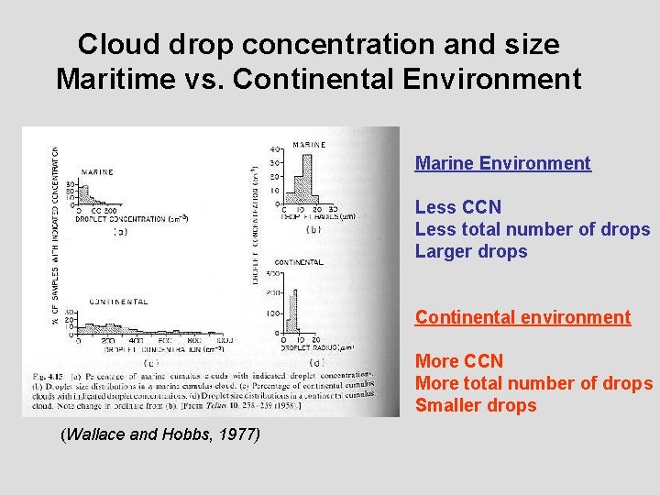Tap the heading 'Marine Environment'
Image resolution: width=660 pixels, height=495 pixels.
pos(502,163)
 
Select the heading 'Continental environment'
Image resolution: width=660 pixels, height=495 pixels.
pos(522,317)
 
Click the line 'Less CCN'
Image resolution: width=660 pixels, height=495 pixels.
pos(458,207)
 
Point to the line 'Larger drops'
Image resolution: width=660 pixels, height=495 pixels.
pos(471,251)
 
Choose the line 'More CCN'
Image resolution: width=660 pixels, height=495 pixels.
pos(459,361)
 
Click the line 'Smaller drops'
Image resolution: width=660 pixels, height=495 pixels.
pos(476,405)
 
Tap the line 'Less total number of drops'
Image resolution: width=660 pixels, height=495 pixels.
pos(533,229)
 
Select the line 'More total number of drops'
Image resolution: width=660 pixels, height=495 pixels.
pos(533,383)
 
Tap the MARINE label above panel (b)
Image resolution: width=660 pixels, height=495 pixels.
pos(309,144)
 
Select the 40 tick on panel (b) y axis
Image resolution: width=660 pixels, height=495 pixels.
pos(273,148)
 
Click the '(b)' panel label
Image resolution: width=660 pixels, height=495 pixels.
pos(312,229)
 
